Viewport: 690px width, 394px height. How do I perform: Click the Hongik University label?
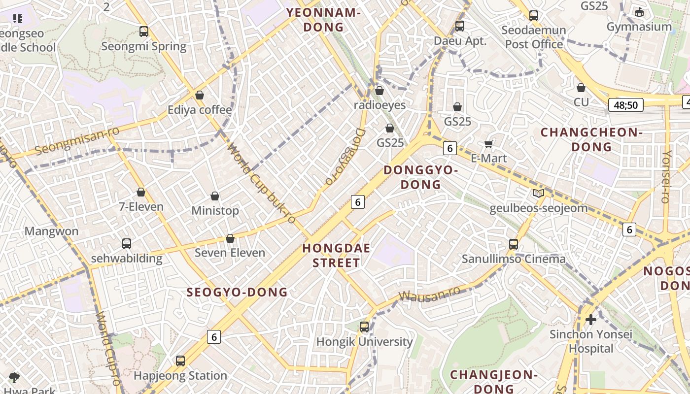tap(364, 341)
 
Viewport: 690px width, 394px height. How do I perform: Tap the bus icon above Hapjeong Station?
tap(180, 361)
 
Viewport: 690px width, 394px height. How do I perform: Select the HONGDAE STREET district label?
tap(336, 255)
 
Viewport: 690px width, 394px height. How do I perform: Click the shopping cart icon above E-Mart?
tap(489, 144)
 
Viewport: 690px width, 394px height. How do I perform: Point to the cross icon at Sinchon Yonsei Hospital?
tap(590, 320)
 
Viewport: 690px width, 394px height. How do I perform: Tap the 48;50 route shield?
tap(625, 105)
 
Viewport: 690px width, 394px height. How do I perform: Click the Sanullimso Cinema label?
tap(514, 259)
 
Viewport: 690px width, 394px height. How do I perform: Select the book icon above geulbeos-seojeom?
tap(538, 194)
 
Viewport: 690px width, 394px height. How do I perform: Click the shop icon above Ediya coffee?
tap(200, 95)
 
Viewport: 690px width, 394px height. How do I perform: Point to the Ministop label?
tap(215, 210)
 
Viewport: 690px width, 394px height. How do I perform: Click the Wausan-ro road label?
tap(429, 294)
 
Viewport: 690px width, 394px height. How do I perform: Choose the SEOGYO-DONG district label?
tap(237, 292)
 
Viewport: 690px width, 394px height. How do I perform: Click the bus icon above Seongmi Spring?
tap(143, 32)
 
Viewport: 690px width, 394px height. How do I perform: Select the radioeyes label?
tap(379, 105)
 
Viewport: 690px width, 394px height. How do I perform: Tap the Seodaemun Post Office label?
tap(534, 37)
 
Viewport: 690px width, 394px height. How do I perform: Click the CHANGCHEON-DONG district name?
tap(591, 139)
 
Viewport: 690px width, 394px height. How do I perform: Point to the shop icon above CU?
tap(581, 88)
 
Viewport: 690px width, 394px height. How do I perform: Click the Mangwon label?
tap(51, 231)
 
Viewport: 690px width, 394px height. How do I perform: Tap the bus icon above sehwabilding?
tap(127, 243)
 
